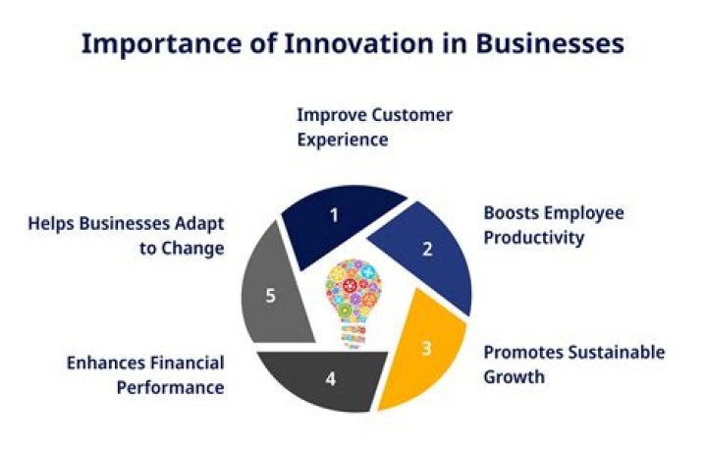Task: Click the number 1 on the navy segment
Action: click(334, 214)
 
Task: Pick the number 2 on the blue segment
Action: click(427, 249)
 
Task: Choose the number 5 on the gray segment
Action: click(271, 296)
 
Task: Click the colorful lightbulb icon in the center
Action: click(353, 295)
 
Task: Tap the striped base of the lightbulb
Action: click(353, 336)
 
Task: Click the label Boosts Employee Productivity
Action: click(553, 225)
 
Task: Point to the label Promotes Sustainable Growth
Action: click(573, 364)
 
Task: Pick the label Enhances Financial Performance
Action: click(145, 374)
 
